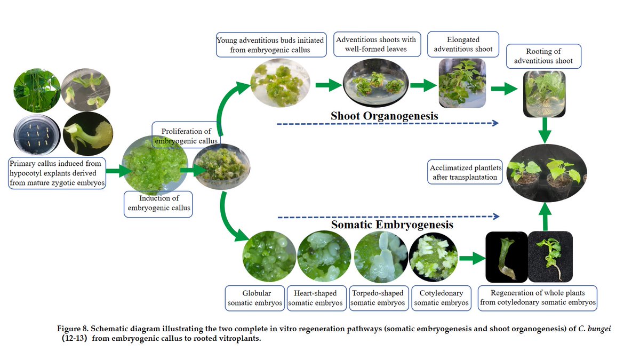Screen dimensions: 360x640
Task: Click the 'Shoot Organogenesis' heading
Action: tap(384, 116)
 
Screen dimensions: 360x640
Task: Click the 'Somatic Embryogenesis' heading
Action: tap(392, 225)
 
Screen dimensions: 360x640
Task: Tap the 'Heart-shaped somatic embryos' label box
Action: tap(315, 298)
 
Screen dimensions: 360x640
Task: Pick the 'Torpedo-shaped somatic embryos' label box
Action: tap(377, 298)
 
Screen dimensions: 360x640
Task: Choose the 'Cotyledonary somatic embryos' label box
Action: tap(441, 298)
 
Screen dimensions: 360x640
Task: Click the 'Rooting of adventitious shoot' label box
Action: tap(543, 56)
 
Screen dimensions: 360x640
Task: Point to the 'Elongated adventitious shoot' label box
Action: tap(463, 44)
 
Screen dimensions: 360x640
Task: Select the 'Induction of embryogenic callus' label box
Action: tap(157, 203)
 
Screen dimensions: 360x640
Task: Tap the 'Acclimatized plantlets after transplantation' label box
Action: tap(466, 172)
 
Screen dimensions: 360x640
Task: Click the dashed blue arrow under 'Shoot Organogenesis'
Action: tap(387, 124)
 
